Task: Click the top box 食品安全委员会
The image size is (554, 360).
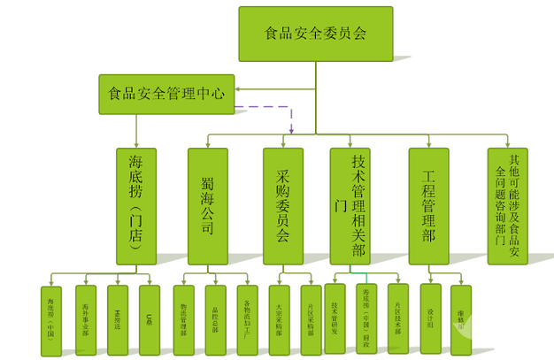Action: pyautogui.click(x=315, y=34)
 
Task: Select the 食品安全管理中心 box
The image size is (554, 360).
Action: pyautogui.click(x=165, y=92)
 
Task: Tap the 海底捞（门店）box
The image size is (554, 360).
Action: pyautogui.click(x=135, y=205)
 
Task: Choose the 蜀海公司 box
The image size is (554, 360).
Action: pyautogui.click(x=207, y=205)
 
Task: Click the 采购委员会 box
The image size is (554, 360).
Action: pyautogui.click(x=282, y=205)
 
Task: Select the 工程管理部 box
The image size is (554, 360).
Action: pyautogui.click(x=429, y=205)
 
